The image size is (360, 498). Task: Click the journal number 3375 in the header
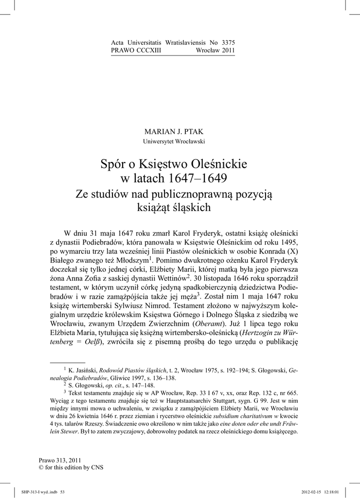pyautogui.click(x=227, y=43)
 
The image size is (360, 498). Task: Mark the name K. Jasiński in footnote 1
pyautogui.click(x=83, y=370)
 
